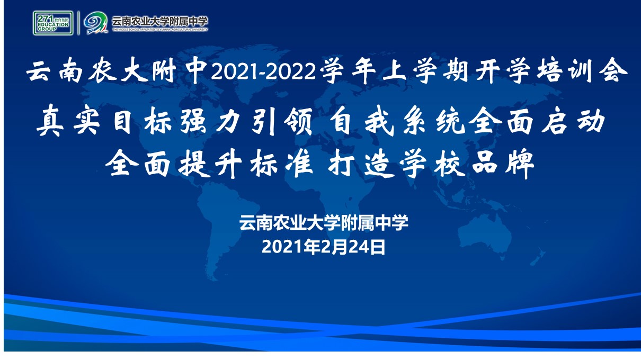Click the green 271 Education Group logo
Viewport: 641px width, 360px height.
tap(53, 23)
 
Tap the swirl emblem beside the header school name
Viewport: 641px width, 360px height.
tap(95, 23)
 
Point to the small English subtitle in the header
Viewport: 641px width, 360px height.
tap(160, 30)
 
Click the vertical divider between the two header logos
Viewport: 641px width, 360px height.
tap(78, 23)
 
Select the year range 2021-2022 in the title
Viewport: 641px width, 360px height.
tap(263, 71)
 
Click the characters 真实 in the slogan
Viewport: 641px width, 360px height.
tap(68, 120)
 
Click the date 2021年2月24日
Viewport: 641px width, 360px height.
tap(324, 247)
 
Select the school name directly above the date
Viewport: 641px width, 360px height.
tap(324, 222)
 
